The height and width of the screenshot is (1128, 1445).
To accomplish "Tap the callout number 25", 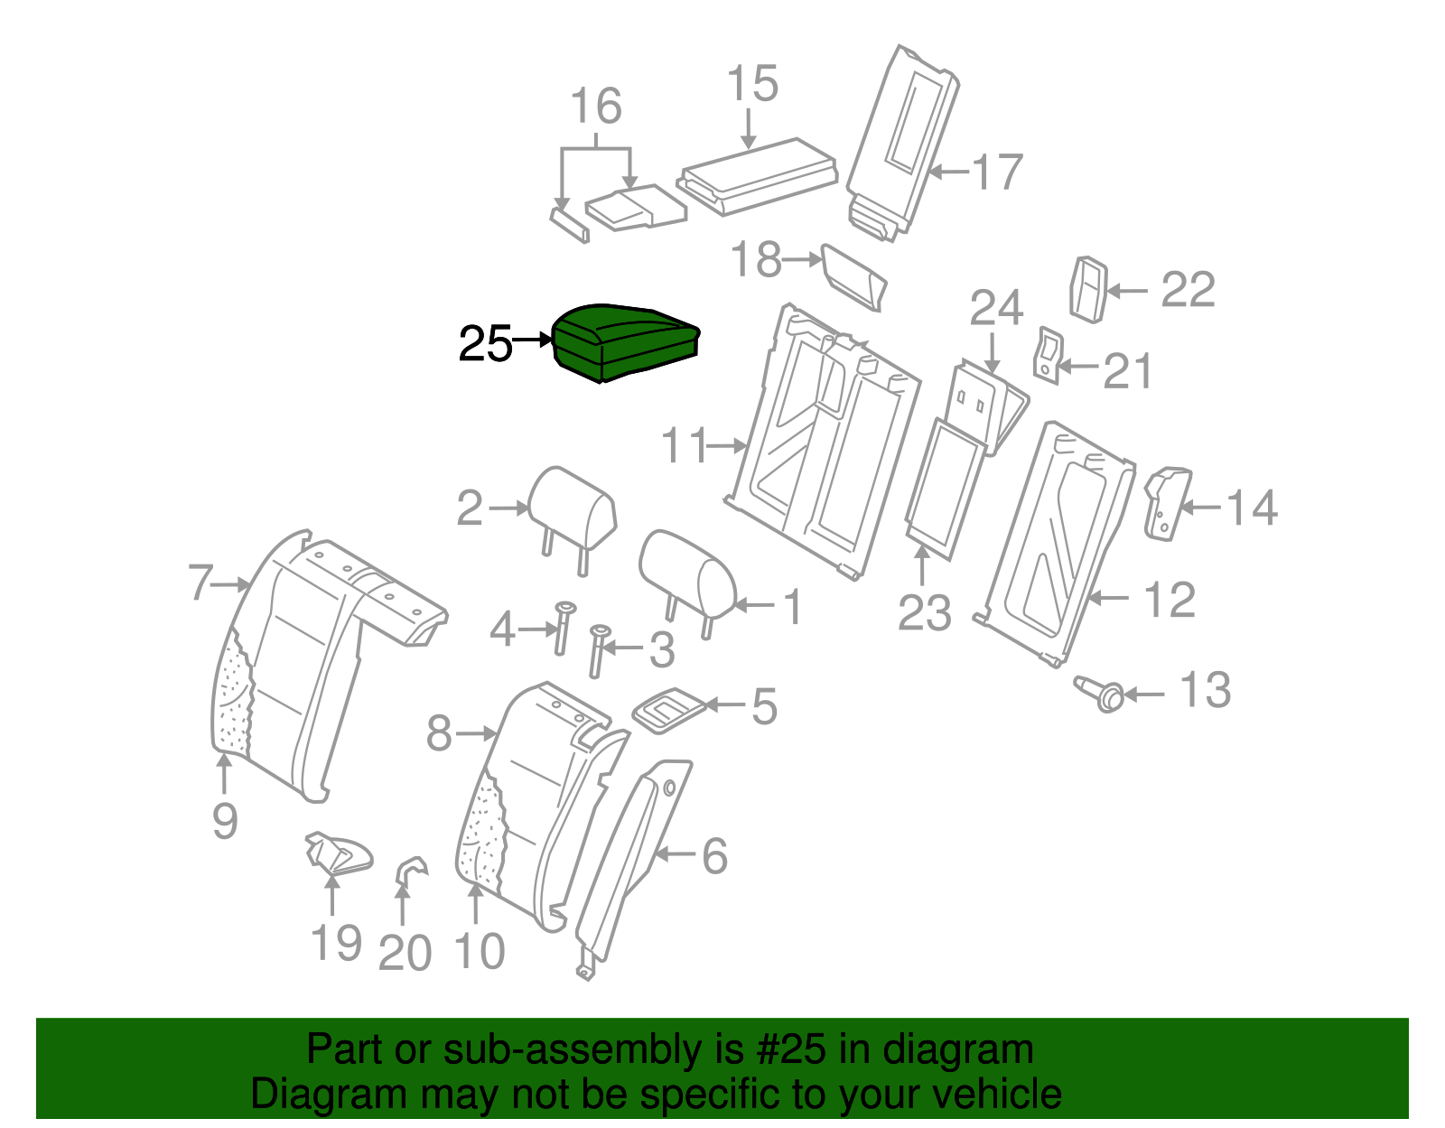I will (485, 344).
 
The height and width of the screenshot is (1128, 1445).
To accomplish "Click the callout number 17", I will (997, 172).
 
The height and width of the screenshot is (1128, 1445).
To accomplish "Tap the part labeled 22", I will (1088, 289).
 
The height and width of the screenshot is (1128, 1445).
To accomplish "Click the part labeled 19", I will (339, 853).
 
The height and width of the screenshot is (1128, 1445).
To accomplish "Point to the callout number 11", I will (684, 445).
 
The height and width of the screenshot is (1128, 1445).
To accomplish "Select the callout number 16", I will (596, 107).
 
